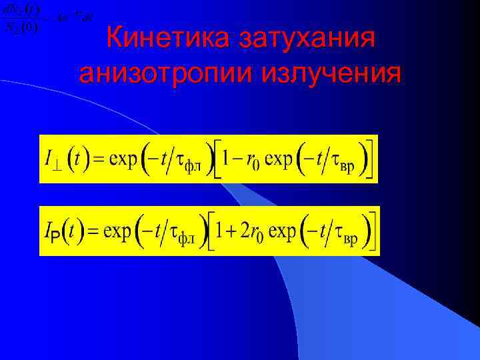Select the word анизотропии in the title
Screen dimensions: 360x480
tap(160, 73)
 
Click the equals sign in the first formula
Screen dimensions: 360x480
tap(97, 160)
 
